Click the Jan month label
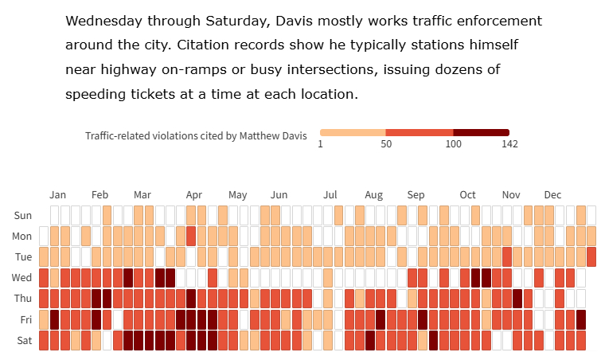[x=57, y=195]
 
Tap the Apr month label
[x=193, y=195]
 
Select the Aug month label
[x=373, y=195]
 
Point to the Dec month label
[x=552, y=195]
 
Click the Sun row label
[x=23, y=215]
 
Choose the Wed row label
[x=22, y=277]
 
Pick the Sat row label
[x=24, y=340]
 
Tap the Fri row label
[x=25, y=319]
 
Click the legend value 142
[x=509, y=144]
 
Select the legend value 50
[x=386, y=144]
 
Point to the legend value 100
[x=453, y=144]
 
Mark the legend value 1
[x=320, y=144]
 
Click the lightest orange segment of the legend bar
[x=353, y=132]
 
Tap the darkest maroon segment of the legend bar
[x=481, y=132]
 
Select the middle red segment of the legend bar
[x=420, y=132]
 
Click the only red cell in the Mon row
[x=191, y=236]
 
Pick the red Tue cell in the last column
[x=591, y=256]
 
